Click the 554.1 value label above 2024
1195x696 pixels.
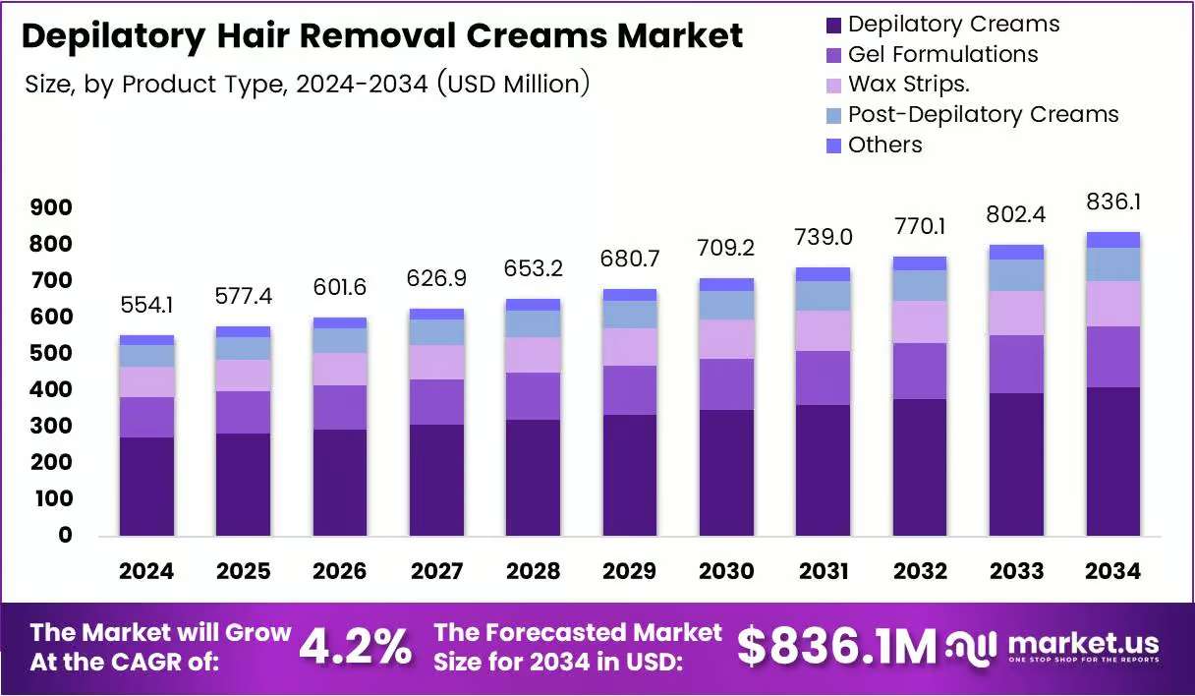146,306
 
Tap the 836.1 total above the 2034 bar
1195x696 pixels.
1113,202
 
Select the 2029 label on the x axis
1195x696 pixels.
630,571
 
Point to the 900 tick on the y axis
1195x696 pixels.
51,207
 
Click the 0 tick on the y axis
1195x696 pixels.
65,535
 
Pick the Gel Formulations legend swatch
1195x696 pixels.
833,55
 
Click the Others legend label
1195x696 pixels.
885,145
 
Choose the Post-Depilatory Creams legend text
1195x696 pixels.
983,115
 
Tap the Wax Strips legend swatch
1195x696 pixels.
833,86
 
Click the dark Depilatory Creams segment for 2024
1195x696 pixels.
146,487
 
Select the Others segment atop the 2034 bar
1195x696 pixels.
1113,240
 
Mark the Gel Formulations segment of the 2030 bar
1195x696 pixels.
726,384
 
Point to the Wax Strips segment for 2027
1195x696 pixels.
437,363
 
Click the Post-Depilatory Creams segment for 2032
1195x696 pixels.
920,285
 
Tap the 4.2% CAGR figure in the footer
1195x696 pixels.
356,648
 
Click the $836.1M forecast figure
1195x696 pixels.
836,647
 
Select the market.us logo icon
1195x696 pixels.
971,648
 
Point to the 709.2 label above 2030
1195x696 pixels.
726,248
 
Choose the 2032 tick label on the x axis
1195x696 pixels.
920,571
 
